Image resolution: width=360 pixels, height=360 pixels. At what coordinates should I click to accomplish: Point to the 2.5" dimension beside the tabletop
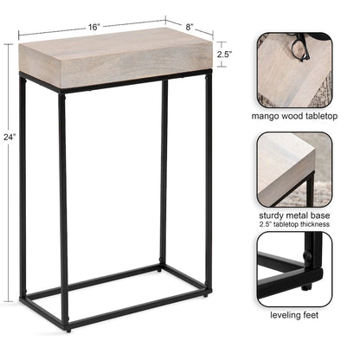[x=223, y=54]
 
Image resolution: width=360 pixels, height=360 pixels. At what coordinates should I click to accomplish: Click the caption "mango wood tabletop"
[x=295, y=115]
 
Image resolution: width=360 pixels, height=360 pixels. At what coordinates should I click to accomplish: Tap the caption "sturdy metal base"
[x=295, y=215]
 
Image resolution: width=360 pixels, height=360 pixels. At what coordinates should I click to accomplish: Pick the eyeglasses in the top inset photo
[x=299, y=48]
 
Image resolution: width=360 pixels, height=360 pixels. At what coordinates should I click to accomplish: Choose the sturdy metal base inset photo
[x=295, y=169]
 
